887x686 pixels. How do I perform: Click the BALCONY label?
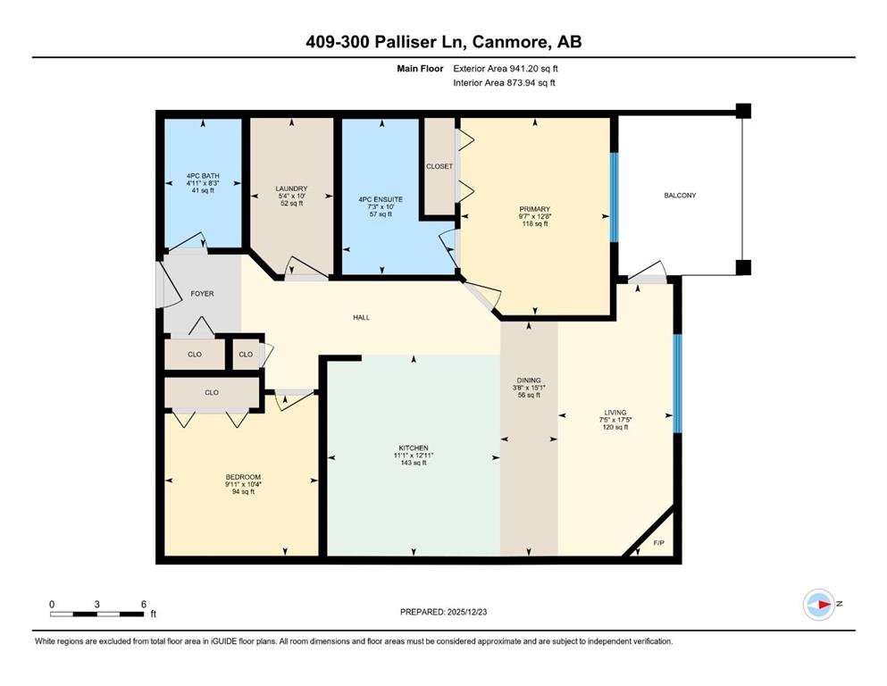680,195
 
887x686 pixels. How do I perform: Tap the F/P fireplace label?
659,543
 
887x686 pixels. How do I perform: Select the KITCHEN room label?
414,448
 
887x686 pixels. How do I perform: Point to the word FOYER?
202,294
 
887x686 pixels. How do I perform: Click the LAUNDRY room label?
291,188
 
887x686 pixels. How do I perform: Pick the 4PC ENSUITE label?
381,199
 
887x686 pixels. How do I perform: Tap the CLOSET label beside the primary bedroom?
439,166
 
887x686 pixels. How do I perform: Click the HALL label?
362,317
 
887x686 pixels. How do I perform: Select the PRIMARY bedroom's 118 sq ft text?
534,224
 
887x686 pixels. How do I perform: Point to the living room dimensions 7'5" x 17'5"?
615,420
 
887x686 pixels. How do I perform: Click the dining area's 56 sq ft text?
529,396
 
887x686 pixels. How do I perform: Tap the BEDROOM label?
243,477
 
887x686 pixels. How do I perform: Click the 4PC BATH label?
203,176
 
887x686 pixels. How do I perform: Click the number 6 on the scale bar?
144,604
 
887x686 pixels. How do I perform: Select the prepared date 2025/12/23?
466,612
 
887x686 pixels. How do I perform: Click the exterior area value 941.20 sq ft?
533,69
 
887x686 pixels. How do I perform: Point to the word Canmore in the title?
510,42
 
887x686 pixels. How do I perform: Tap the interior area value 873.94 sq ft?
531,82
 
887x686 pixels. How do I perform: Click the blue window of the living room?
677,383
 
